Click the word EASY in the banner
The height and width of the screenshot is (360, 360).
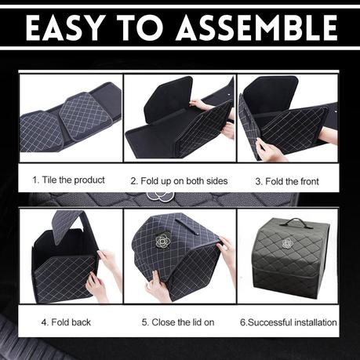[x=64, y=27]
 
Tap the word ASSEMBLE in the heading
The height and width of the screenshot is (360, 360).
[x=257, y=27]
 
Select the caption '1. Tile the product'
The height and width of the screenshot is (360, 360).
[x=68, y=180]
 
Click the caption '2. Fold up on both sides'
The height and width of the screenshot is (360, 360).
[x=179, y=181]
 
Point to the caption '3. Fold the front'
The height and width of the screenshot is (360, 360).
[x=287, y=181]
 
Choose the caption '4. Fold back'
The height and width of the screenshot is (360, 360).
[x=66, y=322]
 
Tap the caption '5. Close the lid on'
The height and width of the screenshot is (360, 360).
[x=178, y=322]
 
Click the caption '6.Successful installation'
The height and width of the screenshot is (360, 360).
[x=289, y=322]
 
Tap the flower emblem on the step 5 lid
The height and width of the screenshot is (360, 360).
[x=163, y=241]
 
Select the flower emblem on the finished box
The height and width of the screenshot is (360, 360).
[x=288, y=243]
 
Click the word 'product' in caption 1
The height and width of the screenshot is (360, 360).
[x=89, y=180]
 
